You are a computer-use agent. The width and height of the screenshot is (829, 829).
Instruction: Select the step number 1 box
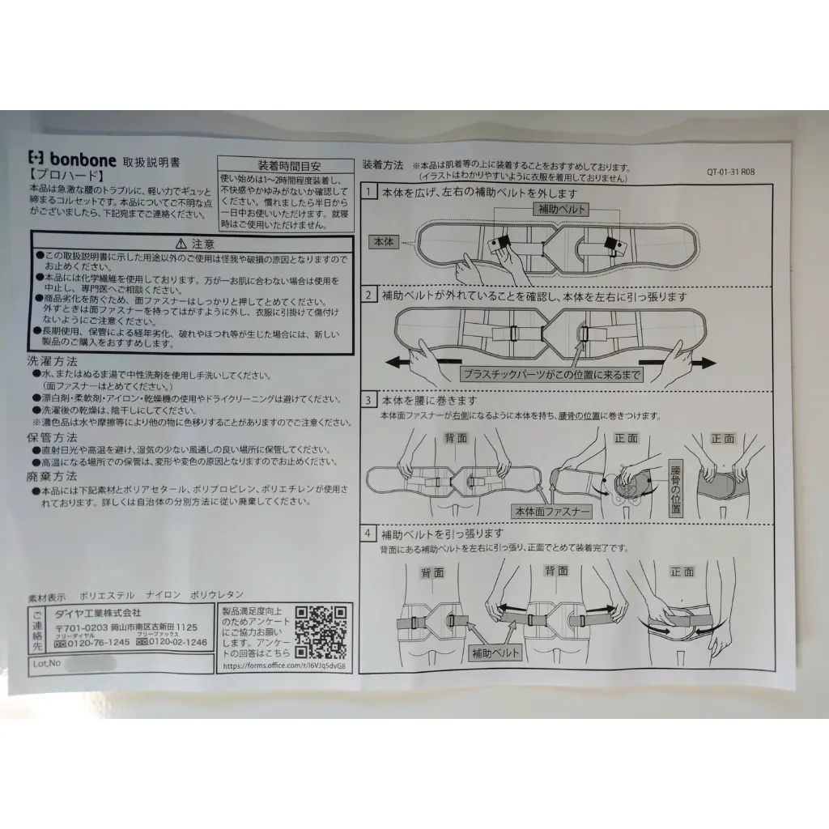pyautogui.click(x=369, y=193)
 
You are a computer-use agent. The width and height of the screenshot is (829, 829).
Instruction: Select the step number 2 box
pyautogui.click(x=369, y=295)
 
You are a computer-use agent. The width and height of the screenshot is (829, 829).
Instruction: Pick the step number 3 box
pyautogui.click(x=369, y=401)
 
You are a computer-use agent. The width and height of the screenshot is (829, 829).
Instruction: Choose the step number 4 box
pyautogui.click(x=369, y=534)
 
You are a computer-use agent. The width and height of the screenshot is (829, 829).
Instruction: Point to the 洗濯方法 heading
pyautogui.click(x=53, y=362)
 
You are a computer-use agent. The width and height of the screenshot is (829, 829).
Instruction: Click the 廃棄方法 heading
pyautogui.click(x=53, y=476)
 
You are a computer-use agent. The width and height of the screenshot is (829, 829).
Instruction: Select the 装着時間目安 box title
pyautogui.click(x=284, y=163)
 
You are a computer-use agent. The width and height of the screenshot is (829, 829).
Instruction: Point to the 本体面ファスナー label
pyautogui.click(x=551, y=512)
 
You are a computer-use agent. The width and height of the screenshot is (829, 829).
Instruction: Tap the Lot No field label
pyautogui.click(x=47, y=662)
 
